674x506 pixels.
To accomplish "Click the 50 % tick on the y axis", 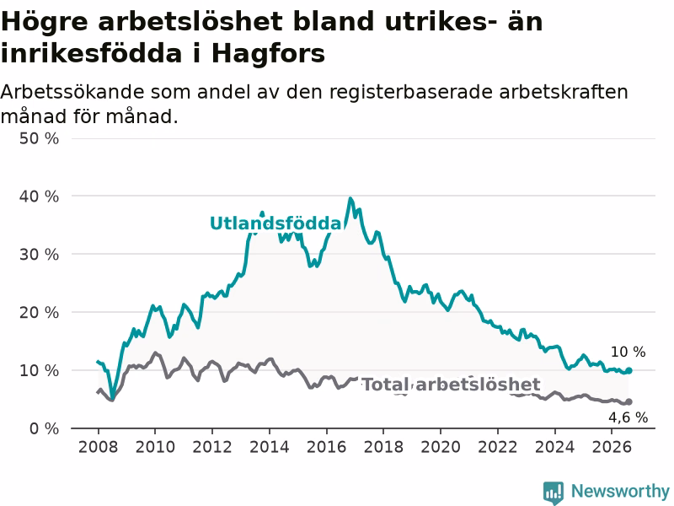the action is [x=39, y=138].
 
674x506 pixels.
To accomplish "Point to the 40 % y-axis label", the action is [x=39, y=196].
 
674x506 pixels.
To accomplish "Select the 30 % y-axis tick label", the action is [x=39, y=255].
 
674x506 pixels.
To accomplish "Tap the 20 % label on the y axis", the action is [x=39, y=312].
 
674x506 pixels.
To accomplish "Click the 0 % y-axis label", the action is [x=45, y=428].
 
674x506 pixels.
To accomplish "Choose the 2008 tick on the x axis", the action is [x=98, y=447].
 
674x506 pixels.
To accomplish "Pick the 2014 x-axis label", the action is [x=269, y=447].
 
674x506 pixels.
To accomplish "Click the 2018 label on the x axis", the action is [x=383, y=447].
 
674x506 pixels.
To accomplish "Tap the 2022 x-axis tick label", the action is [x=498, y=447].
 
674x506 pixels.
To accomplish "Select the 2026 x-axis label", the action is [x=612, y=447].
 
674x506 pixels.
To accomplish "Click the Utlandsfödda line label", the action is [x=275, y=223].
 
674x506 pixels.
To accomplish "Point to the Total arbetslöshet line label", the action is [x=451, y=385].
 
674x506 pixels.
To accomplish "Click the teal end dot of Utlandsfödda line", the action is [x=629, y=370].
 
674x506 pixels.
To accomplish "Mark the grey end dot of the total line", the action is [x=629, y=401].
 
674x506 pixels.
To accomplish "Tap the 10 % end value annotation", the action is [x=628, y=352].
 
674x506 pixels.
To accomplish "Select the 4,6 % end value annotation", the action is [x=628, y=417].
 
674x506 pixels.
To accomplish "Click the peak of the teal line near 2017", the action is [x=350, y=199].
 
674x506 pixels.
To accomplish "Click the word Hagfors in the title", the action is [x=268, y=54].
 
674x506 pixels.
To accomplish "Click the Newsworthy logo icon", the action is [x=554, y=493].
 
